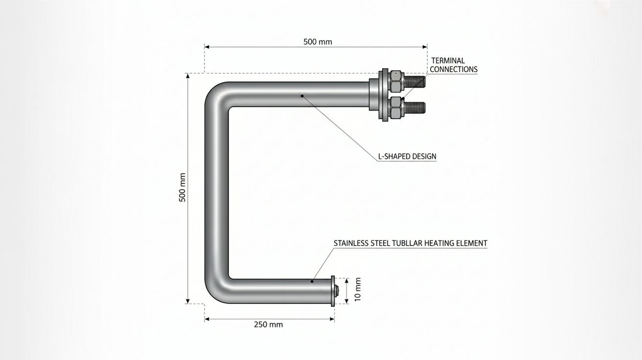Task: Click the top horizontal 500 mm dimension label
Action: [x=318, y=42]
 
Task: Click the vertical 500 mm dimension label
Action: [x=183, y=187]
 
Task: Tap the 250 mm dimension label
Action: [x=268, y=324]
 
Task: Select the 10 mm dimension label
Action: [x=358, y=289]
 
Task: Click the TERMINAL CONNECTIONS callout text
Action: [x=454, y=65]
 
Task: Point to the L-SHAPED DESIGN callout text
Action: [x=407, y=157]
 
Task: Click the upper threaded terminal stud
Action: [x=414, y=82]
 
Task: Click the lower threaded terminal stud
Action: [x=414, y=108]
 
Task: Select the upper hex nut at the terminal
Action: [x=396, y=81]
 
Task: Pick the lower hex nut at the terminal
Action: [x=396, y=108]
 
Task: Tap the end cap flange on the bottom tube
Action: [x=333, y=291]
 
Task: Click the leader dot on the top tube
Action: [x=302, y=96]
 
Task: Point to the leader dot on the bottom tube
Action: [x=312, y=282]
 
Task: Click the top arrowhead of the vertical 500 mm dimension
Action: [x=188, y=76]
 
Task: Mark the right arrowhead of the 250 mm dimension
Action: [x=332, y=319]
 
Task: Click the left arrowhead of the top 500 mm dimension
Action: [x=207, y=47]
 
